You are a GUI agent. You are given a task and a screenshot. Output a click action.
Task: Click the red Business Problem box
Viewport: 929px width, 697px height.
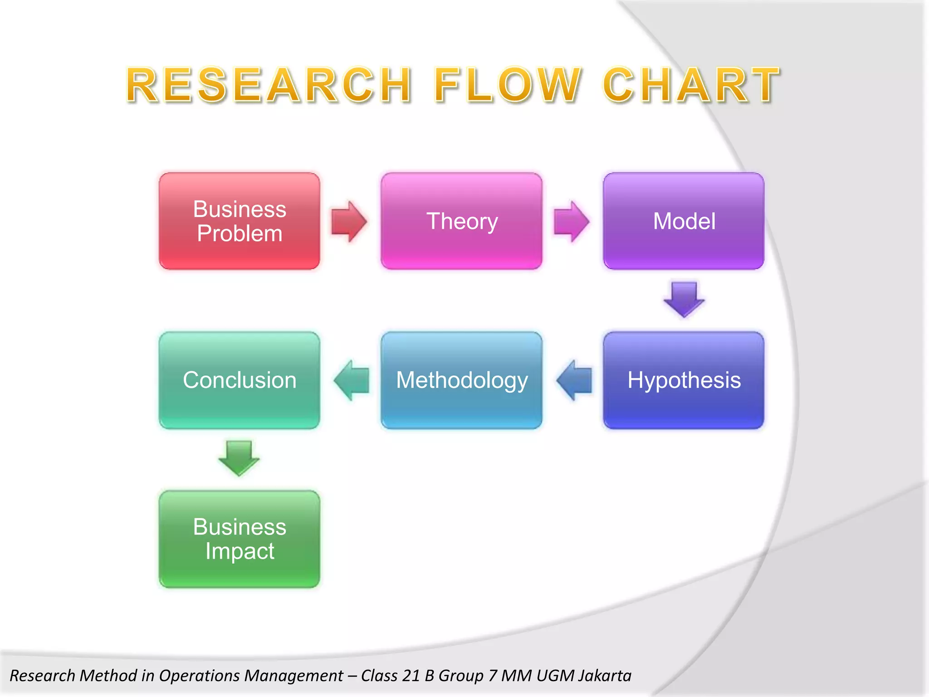point(240,221)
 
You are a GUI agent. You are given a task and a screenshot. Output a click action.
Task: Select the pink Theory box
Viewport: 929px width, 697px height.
point(461,221)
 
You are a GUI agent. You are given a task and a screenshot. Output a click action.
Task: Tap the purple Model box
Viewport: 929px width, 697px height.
point(684,221)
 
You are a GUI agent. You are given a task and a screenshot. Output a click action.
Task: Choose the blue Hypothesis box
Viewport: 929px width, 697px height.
point(684,380)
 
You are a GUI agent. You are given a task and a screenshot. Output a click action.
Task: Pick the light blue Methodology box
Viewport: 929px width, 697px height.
point(461,380)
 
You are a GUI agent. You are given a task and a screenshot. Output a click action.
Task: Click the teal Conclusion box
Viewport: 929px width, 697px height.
point(240,380)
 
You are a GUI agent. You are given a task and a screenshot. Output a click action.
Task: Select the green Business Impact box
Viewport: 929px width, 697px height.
point(240,539)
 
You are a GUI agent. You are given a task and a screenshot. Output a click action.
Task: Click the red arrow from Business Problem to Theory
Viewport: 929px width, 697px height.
point(348,221)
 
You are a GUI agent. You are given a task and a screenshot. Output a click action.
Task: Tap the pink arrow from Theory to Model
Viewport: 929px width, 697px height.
point(571,221)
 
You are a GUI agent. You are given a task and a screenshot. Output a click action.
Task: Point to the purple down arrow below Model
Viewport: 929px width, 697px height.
point(684,299)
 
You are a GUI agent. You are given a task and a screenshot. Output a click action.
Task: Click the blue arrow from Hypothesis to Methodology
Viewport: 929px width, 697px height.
point(575,380)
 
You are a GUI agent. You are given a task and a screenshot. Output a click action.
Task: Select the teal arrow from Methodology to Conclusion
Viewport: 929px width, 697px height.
point(352,380)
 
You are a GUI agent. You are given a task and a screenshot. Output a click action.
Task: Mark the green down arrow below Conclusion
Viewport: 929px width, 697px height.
point(239,458)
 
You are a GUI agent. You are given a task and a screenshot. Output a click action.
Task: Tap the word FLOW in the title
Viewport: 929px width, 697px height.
point(508,85)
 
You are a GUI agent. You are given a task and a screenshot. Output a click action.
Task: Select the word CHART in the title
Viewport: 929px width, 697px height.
point(691,85)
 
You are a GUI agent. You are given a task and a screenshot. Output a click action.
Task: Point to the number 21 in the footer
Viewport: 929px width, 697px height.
point(411,676)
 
